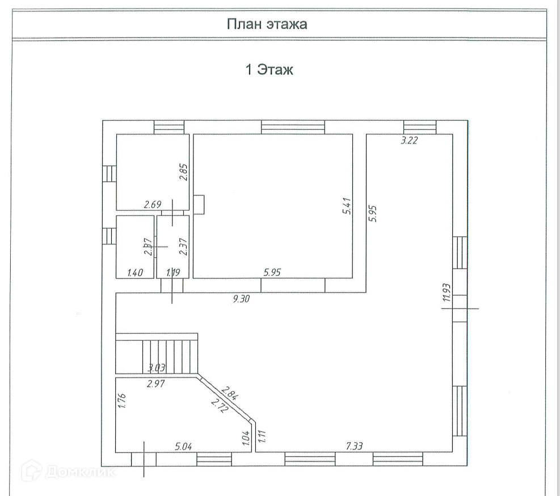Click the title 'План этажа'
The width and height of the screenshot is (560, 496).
267,24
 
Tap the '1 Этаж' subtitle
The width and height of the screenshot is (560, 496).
268,70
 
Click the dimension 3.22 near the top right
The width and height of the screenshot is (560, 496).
409,142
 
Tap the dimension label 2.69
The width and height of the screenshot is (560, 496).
153,205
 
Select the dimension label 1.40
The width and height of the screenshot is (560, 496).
135,273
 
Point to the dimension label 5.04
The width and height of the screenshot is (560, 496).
183,447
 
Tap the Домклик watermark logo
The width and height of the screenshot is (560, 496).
69,469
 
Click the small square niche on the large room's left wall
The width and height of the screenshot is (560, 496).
199,204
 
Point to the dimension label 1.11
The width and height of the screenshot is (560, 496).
262,435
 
